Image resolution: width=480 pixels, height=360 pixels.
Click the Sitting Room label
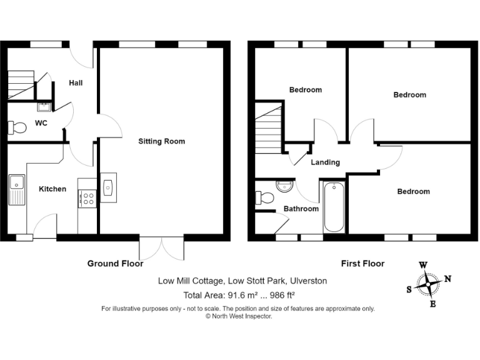point(161,141)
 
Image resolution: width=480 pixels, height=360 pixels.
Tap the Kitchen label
point(52,189)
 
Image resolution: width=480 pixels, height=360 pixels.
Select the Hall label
point(76,82)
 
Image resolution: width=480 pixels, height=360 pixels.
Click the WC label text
point(41,123)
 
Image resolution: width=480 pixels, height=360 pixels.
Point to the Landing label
point(325,162)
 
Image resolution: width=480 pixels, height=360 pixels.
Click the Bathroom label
point(301,209)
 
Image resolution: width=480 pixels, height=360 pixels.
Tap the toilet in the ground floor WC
point(17,128)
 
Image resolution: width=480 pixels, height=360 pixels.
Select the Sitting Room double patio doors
point(162,248)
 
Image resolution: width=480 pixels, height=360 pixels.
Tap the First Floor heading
point(362,264)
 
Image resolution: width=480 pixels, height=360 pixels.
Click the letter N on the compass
point(447,279)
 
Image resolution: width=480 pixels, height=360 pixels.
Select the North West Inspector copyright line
point(239,316)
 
